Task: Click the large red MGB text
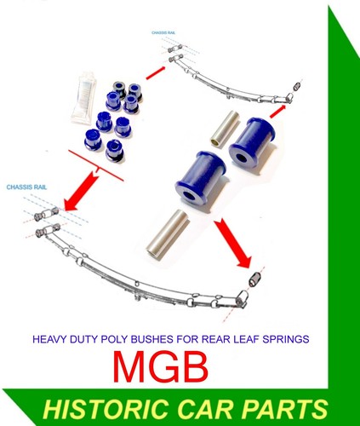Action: (x=161, y=367)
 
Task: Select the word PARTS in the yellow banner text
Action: (x=285, y=409)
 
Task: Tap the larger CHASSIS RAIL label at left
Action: (x=26, y=187)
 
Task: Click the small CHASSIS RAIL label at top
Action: (x=163, y=32)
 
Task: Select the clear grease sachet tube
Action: (x=83, y=97)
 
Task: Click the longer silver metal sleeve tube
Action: (x=168, y=234)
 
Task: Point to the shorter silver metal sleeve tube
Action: (x=226, y=128)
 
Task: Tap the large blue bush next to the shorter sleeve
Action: (x=253, y=141)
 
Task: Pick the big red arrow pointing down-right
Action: (x=232, y=243)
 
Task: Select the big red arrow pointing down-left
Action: (x=81, y=190)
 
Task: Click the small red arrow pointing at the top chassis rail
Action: (x=156, y=72)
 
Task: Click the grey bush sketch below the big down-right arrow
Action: (x=254, y=279)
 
